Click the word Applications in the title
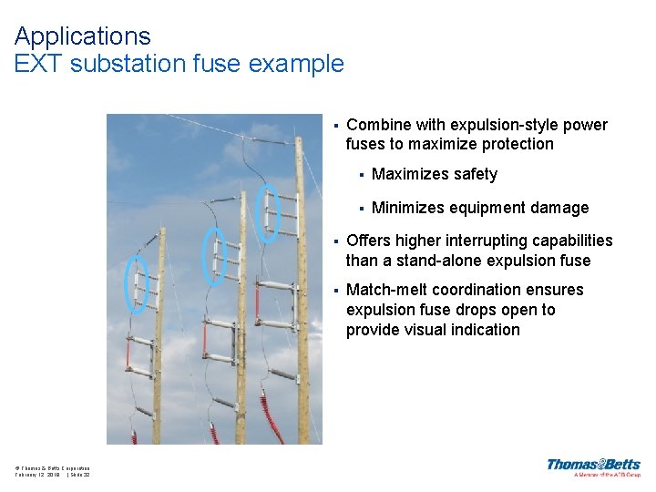[x=82, y=36]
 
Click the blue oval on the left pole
[x=136, y=285]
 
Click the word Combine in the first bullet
[x=377, y=125]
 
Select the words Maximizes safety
[x=435, y=174]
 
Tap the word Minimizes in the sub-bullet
[x=409, y=208]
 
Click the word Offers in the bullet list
[x=368, y=241]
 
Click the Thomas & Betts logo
[x=593, y=466]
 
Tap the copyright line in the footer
[x=52, y=468]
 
